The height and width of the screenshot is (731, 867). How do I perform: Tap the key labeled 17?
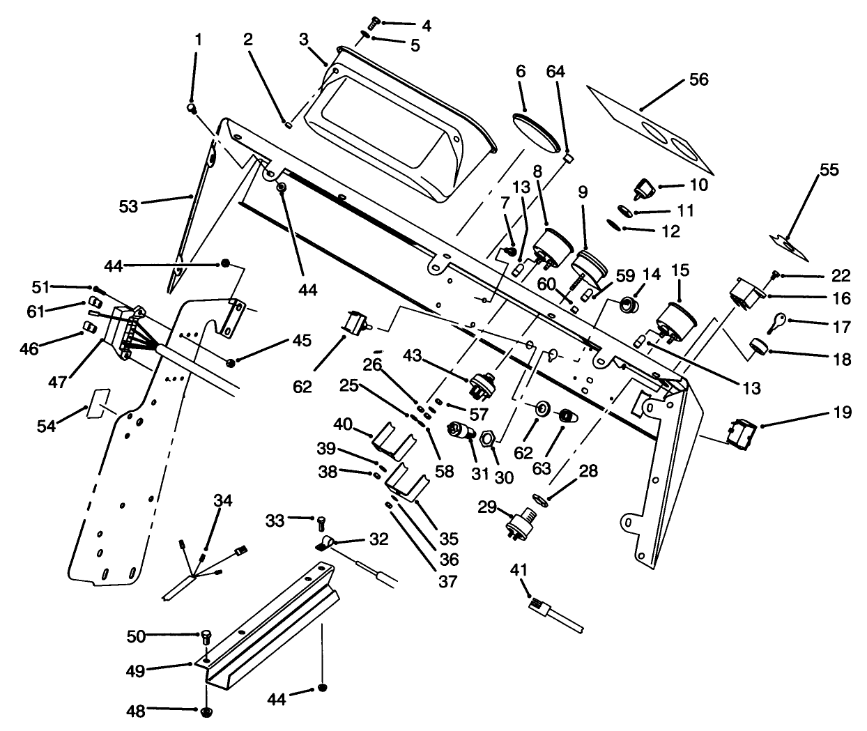tap(776, 322)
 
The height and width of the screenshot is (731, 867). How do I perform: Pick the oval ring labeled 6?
tap(537, 132)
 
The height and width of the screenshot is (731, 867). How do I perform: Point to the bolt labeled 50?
tap(206, 636)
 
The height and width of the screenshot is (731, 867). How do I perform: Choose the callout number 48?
tap(136, 711)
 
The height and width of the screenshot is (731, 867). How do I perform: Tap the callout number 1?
tap(198, 40)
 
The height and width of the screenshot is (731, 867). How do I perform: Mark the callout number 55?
tap(829, 170)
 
